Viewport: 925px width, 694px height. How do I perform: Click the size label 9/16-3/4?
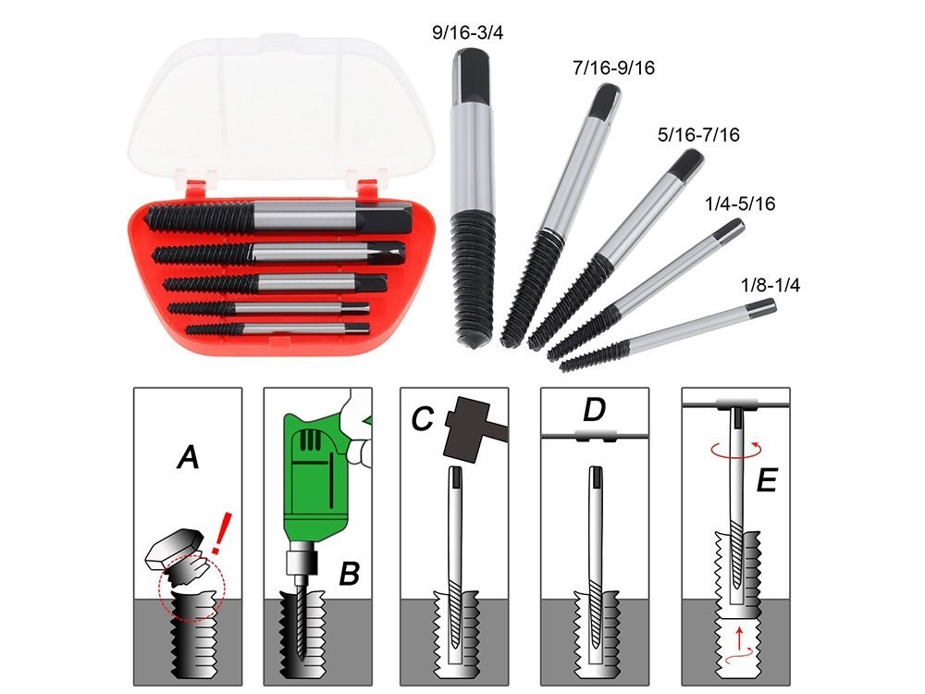coord(467,33)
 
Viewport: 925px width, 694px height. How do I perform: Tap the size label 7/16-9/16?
coord(613,68)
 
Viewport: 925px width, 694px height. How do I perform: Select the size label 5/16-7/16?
coord(698,135)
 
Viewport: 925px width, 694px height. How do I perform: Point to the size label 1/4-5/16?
coord(740,204)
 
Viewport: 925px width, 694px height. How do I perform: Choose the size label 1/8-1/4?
coord(771,286)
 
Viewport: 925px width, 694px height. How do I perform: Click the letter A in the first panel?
coord(188,457)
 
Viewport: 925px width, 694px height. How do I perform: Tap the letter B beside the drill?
coord(350,573)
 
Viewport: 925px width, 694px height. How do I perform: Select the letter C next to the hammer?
coord(423,418)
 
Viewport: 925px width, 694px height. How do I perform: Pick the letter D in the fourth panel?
coord(594,410)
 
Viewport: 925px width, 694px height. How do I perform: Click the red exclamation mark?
coord(221,533)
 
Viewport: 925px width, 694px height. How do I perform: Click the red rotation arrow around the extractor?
coord(734,450)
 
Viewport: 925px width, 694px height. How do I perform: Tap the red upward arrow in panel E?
coord(737,638)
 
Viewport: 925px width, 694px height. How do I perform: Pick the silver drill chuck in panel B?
coord(300,563)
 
